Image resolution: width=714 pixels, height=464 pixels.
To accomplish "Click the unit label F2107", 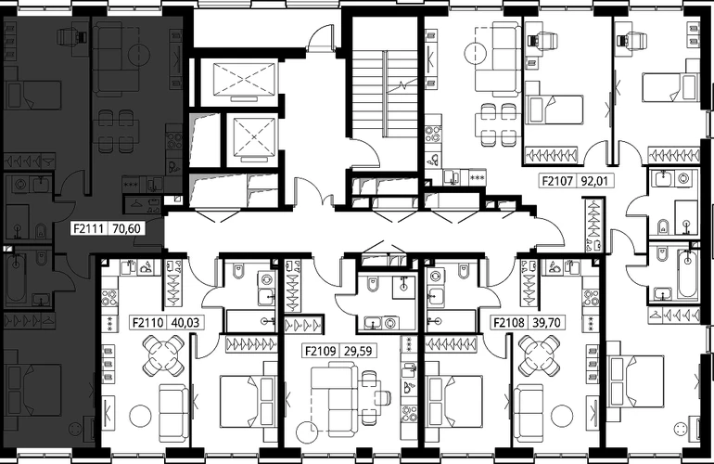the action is (x=557, y=181).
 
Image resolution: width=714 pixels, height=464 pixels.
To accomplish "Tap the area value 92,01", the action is (x=594, y=181).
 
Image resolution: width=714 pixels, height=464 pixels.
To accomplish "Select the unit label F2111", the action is (x=89, y=228).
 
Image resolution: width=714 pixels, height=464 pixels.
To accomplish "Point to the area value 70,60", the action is (x=126, y=228).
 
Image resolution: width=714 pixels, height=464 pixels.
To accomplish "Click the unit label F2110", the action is (x=148, y=323).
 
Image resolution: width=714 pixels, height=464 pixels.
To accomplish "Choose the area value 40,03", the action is (x=185, y=323).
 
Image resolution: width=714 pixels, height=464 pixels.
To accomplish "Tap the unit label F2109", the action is (x=321, y=351).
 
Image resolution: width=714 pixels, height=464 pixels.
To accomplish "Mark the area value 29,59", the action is (x=358, y=351).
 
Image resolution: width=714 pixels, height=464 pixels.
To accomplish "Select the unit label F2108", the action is (x=509, y=323).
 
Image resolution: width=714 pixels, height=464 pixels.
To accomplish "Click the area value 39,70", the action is (x=546, y=323).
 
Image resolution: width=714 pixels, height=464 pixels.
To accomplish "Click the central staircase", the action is (x=385, y=94).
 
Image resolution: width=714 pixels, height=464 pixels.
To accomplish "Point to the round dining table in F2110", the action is (x=163, y=355).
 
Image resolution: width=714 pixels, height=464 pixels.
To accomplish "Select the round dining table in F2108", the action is (x=539, y=355).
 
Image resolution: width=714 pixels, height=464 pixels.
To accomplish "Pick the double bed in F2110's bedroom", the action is (x=246, y=401).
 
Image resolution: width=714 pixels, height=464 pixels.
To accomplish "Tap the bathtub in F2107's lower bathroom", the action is (x=688, y=274).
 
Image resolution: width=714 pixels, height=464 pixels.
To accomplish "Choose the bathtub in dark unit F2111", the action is (x=16, y=278).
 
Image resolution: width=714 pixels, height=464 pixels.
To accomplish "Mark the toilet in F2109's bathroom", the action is (x=373, y=286).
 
